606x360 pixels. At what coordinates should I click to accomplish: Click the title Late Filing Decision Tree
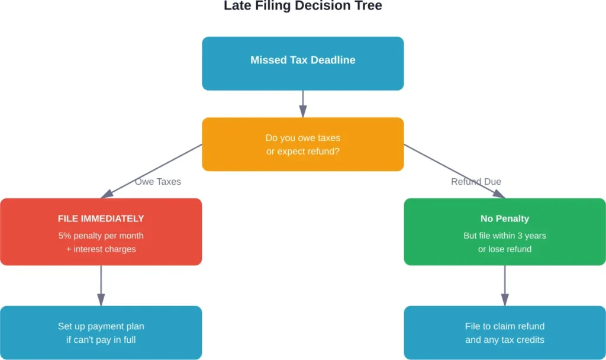coord(302,7)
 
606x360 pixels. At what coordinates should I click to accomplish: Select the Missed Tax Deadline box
coord(302,63)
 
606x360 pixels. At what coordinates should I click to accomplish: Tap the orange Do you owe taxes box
coord(302,144)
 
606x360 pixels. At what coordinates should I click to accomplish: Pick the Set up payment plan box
coord(101,333)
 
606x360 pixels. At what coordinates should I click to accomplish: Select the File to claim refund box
coord(504,333)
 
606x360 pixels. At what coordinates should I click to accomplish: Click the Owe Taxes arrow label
coord(157,182)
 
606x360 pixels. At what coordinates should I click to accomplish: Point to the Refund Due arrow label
coord(476,182)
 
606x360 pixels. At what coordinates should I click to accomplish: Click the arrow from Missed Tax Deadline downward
coord(303,104)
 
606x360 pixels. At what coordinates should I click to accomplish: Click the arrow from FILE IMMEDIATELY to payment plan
coord(101,285)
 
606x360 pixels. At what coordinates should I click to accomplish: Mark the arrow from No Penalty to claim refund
coord(505,285)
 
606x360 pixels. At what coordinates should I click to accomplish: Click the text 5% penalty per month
coord(101,236)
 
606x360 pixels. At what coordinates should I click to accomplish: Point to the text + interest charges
coord(101,249)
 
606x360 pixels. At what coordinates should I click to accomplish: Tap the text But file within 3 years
coord(504,236)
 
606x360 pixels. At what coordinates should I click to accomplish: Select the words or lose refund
coord(504,249)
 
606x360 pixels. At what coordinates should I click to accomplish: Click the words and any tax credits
coord(504,340)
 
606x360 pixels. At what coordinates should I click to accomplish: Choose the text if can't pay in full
coord(101,340)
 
